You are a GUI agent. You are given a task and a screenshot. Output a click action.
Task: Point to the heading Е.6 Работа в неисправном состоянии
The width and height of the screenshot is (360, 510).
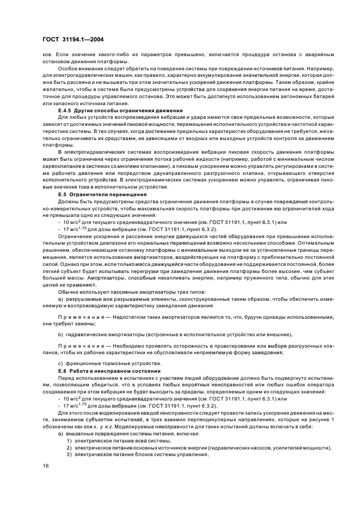[108, 369]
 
